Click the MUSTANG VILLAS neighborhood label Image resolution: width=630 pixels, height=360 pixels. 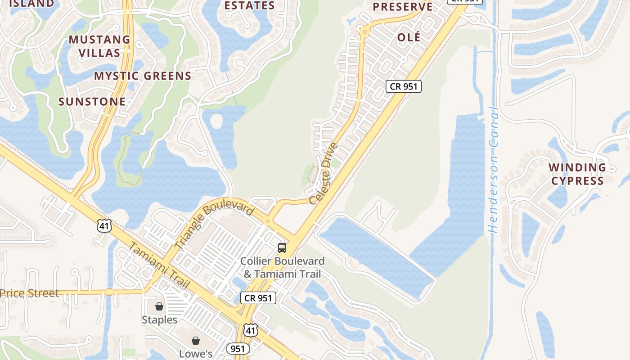click(x=99, y=46)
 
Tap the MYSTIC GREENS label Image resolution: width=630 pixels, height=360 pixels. click(x=143, y=76)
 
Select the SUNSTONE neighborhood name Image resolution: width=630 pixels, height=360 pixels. click(x=92, y=102)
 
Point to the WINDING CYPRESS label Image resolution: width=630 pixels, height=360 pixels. click(x=577, y=174)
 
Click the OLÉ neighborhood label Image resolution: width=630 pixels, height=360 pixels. click(x=409, y=37)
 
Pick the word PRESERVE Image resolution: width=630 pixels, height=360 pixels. click(x=402, y=7)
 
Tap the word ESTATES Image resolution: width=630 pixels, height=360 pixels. click(x=249, y=5)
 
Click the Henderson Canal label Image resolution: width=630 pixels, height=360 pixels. click(x=494, y=170)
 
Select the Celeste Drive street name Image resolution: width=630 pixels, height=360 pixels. click(x=327, y=173)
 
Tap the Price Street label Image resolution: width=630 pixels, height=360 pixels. click(x=29, y=293)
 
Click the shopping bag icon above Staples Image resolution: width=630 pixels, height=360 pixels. click(x=159, y=306)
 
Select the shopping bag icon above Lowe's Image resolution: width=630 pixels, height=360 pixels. click(x=196, y=341)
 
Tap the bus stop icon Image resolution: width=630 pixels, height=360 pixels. click(x=282, y=247)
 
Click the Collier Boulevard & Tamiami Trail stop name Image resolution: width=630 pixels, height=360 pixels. click(x=282, y=267)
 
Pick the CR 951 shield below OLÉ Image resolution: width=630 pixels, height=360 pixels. click(x=403, y=86)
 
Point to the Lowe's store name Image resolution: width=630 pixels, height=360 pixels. click(x=196, y=354)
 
